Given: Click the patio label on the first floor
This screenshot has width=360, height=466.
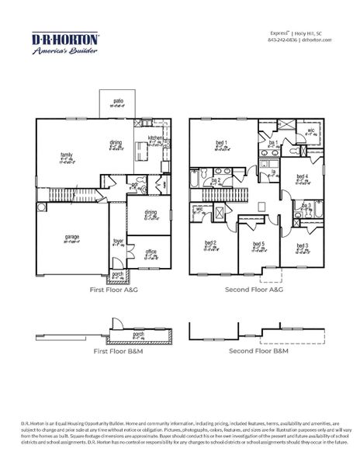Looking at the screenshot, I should (118, 103).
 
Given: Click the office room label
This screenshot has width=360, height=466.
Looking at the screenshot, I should (151, 252).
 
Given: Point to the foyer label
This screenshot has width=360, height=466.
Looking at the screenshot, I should (119, 242).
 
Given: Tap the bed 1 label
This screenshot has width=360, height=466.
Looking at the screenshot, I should (220, 143).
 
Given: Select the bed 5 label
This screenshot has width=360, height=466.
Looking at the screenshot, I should (258, 245).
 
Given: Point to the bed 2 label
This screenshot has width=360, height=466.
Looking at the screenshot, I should (210, 243).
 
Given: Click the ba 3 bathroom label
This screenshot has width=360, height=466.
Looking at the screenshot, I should (306, 206).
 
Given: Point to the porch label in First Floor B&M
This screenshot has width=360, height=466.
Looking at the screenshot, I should (138, 334).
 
